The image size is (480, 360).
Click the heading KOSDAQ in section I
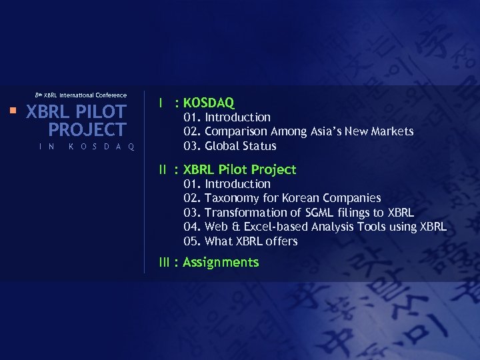click(x=209, y=103)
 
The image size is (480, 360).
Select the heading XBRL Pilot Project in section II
click(x=239, y=170)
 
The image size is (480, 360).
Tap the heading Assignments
click(x=221, y=262)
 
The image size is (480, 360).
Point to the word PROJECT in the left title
click(x=87, y=130)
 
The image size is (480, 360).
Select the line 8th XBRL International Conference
click(x=80, y=95)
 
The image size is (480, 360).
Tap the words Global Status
click(x=240, y=146)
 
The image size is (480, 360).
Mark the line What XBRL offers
click(x=251, y=241)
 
